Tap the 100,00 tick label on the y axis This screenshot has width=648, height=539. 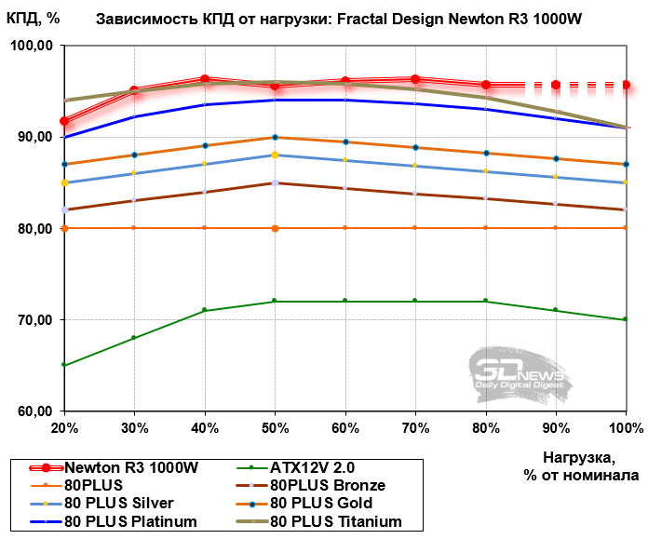point(32,46)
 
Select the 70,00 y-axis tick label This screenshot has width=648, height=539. point(32,320)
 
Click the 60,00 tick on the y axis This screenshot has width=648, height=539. point(32,411)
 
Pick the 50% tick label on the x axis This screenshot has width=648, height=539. point(275,426)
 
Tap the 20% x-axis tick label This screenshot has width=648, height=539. point(64,426)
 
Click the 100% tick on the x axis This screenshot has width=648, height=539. point(625,426)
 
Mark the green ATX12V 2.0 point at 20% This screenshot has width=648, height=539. point(64,366)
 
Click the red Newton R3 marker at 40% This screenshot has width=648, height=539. point(205,79)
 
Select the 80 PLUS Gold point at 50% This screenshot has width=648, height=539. point(275,138)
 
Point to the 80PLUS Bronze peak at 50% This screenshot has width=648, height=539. point(275,182)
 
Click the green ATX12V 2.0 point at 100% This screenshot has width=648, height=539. point(625,320)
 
